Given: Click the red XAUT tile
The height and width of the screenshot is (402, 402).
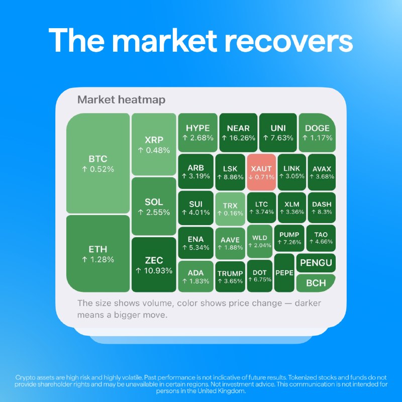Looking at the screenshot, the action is tap(261, 172).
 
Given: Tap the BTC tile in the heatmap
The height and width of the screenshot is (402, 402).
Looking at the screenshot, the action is tap(98, 163).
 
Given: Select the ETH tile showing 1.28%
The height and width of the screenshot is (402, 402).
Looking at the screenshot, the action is tap(98, 254).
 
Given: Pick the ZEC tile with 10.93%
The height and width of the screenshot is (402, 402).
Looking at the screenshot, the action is tap(154, 265).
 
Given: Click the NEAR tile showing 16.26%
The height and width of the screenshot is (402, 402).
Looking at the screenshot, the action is tap(238, 133).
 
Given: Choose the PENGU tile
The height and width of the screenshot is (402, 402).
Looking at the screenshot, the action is tap(316, 263).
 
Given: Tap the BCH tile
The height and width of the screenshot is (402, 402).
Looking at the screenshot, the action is tap(316, 283).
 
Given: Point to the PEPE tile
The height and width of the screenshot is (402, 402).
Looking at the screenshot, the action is tap(284, 273).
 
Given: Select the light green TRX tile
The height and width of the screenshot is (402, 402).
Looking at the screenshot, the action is tap(230, 209).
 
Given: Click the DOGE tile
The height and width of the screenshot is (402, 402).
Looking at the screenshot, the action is tap(317, 133).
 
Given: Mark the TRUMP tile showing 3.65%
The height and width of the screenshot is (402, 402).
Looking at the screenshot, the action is tap(230, 277).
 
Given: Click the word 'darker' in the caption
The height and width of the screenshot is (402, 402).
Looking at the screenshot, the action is tap(308, 303).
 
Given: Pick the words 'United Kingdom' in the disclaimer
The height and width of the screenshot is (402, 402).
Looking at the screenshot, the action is tap(221, 391).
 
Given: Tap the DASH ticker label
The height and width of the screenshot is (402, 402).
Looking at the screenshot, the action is tap(322, 205).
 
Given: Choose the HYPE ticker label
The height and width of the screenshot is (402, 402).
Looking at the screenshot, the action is tap(197, 128).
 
